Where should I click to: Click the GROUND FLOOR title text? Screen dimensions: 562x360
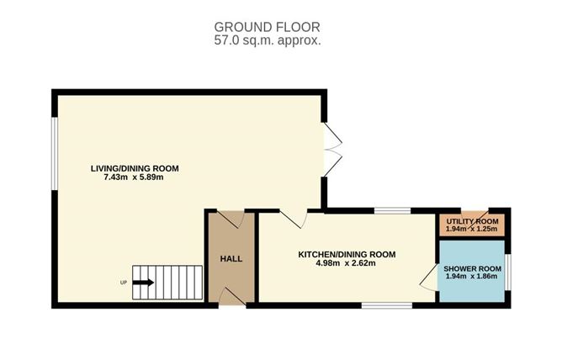267,27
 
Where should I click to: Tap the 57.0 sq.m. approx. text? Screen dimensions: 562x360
268,40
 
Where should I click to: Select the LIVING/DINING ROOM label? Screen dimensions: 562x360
135,168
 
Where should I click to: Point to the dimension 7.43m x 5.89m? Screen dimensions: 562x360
134,177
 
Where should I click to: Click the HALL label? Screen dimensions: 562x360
231,258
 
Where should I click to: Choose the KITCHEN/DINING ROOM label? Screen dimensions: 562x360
347,255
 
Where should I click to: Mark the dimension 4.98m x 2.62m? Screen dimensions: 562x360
346,263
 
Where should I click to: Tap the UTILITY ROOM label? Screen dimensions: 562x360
472,221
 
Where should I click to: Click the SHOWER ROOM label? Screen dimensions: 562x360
472,268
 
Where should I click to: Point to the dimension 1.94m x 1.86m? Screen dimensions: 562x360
471,276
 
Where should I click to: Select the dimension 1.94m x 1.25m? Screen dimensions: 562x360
471,229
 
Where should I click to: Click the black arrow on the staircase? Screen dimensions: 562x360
143,283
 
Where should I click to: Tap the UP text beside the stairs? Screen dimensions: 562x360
124,283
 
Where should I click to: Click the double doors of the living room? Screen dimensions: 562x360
332,150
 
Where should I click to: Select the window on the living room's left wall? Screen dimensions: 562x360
55,154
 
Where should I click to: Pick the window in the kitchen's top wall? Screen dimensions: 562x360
392,210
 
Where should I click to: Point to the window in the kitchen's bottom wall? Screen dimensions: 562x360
387,305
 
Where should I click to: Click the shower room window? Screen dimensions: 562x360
507,272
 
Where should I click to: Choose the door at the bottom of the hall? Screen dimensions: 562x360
232,297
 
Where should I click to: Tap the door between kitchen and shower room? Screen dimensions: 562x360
428,277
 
